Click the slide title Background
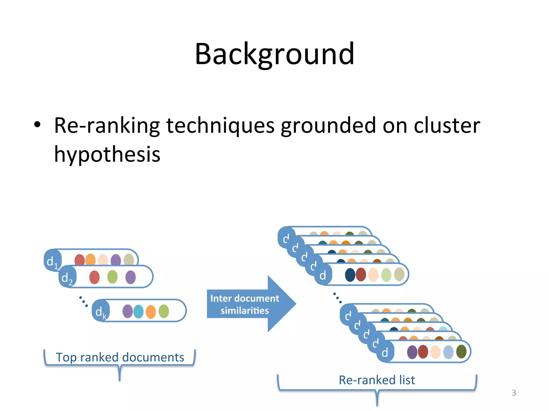(x=274, y=54)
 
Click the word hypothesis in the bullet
(x=107, y=155)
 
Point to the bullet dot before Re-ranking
(x=37, y=124)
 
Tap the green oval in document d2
(x=112, y=277)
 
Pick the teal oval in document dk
(x=138, y=311)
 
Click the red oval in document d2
(x=94, y=277)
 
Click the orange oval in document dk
(x=151, y=312)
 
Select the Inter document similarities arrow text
(x=244, y=304)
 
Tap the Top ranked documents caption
(x=120, y=357)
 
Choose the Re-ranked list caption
(x=377, y=380)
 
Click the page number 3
(x=514, y=393)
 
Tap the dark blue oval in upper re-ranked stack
(x=350, y=275)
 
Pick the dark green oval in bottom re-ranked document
(x=461, y=352)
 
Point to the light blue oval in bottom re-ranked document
(x=448, y=352)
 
